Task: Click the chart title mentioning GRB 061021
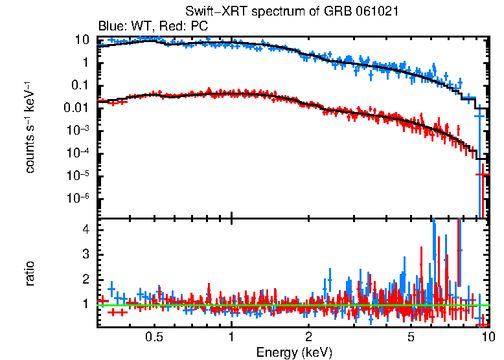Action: click(292, 12)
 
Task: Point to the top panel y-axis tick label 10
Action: click(82, 39)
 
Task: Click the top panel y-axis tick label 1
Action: click(85, 63)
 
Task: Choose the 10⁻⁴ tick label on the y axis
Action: click(78, 153)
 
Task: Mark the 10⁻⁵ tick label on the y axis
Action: click(78, 176)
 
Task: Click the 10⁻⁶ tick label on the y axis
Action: click(78, 199)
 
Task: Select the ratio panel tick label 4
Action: click(85, 229)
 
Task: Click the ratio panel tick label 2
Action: click(85, 278)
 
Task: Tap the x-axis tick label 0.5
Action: click(154, 337)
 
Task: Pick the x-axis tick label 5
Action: click(411, 337)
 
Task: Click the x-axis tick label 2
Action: click(308, 337)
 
